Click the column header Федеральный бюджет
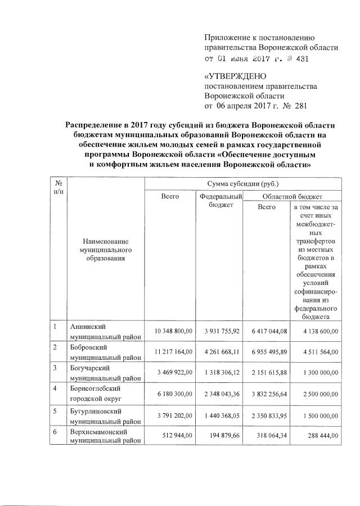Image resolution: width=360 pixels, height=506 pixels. [x=220, y=201]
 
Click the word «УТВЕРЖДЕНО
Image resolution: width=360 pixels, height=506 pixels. [x=235, y=76]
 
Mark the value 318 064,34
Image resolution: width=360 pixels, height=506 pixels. [x=266, y=436]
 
